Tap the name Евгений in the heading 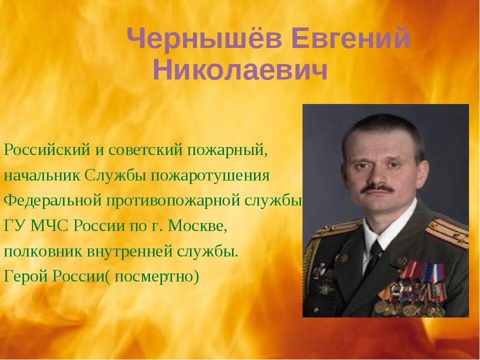point(350,38)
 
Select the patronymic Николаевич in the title point(240,70)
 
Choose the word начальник point(42,175)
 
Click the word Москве point(197,225)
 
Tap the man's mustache point(377,188)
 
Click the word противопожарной point(172,200)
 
